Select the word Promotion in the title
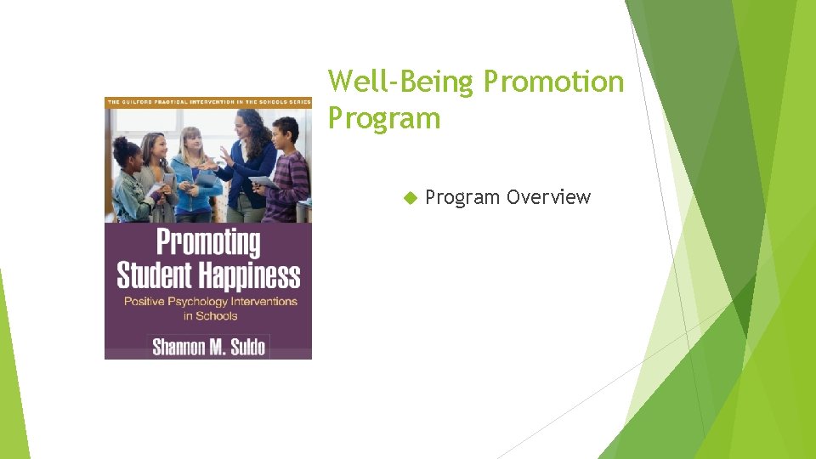[x=553, y=82]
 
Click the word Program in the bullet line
[x=462, y=198]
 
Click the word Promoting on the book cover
[x=208, y=243]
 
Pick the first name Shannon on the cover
[x=180, y=347]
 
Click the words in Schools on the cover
[x=210, y=316]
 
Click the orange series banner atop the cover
[x=208, y=102]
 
